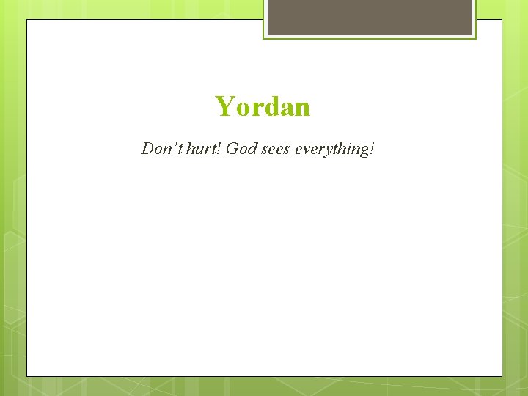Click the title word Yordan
click(x=263, y=107)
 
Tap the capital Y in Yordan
click(x=224, y=107)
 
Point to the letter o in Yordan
click(x=241, y=109)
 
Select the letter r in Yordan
click(x=254, y=109)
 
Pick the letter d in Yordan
click(x=268, y=108)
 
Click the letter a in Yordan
click(x=285, y=109)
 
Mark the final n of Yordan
click(x=301, y=109)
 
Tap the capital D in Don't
click(x=147, y=149)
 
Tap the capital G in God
click(x=232, y=149)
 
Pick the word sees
click(x=274, y=150)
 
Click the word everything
click(x=332, y=150)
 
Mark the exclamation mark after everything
click(x=373, y=149)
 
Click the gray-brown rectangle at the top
click(x=370, y=17)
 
